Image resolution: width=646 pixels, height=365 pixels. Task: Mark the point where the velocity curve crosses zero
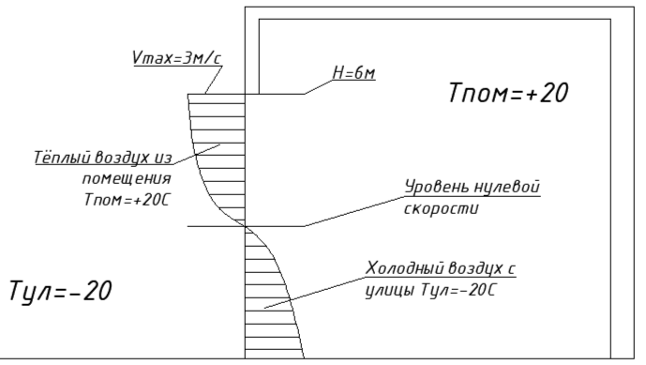click(245, 226)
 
